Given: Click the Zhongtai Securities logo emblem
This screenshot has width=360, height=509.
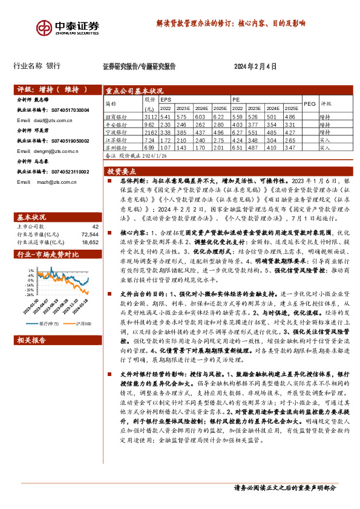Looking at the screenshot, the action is pyautogui.click(x=46, y=28).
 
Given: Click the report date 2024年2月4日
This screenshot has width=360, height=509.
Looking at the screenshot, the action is pyautogui.click(x=255, y=66).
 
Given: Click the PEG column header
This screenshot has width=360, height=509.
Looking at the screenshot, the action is pyautogui.click(x=309, y=103).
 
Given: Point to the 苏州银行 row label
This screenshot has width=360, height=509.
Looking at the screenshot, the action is pyautogui.click(x=117, y=147).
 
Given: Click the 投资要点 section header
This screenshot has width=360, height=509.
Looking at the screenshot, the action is pyautogui.click(x=125, y=172).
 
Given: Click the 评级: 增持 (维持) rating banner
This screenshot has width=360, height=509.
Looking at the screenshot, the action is pyautogui.click(x=54, y=89).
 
